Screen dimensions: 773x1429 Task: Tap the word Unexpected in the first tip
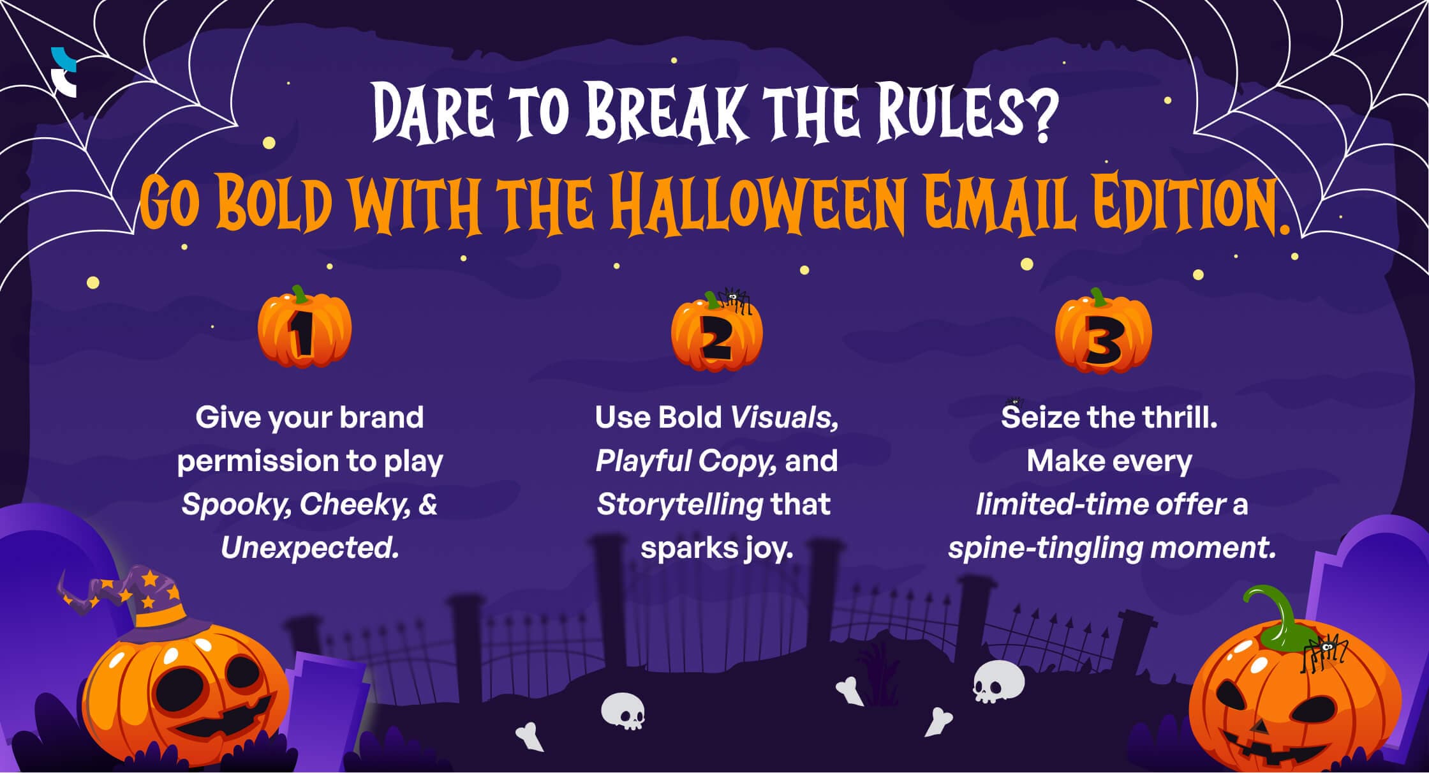[309, 548]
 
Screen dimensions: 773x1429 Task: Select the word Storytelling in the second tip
[680, 504]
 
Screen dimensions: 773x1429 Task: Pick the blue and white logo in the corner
[64, 72]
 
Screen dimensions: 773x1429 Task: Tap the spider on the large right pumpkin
[1324, 652]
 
